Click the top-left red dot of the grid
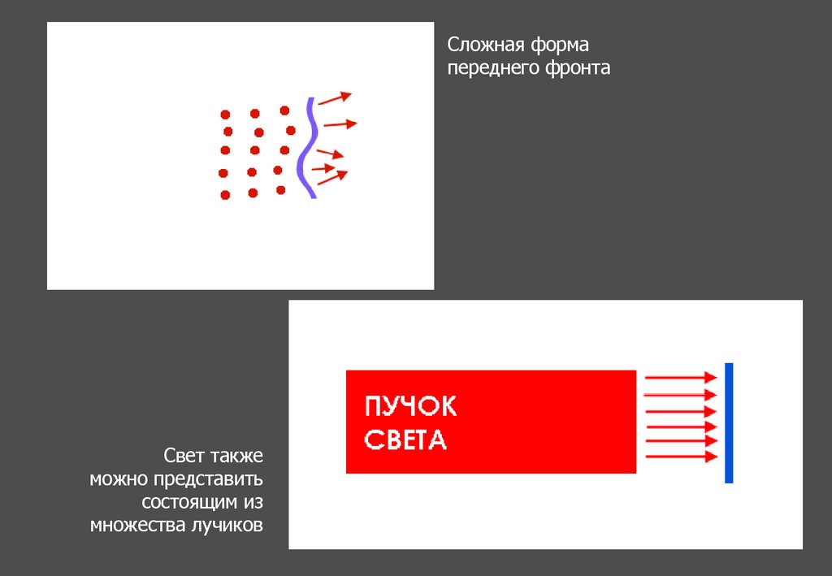tap(225, 115)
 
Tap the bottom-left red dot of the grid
tap(225, 195)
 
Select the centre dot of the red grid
tap(254, 150)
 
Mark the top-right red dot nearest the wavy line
tap(284, 110)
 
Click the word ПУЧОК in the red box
tap(410, 407)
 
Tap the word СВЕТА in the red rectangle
tap(405, 440)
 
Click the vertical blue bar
tap(729, 422)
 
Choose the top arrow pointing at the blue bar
tap(681, 378)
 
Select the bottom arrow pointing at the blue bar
tap(682, 456)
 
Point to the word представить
tap(208, 479)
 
